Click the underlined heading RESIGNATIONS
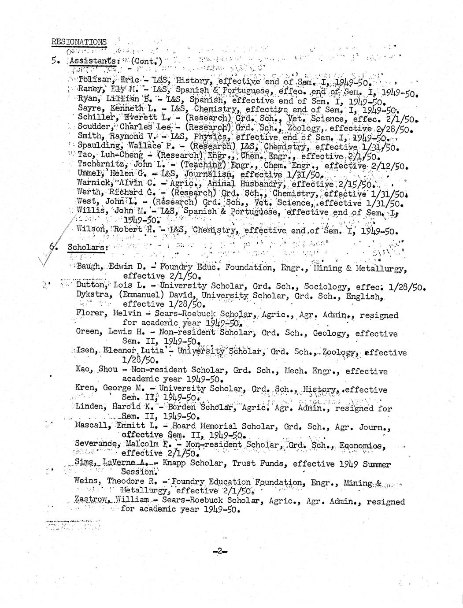(79, 42)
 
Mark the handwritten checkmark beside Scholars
(48, 258)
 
